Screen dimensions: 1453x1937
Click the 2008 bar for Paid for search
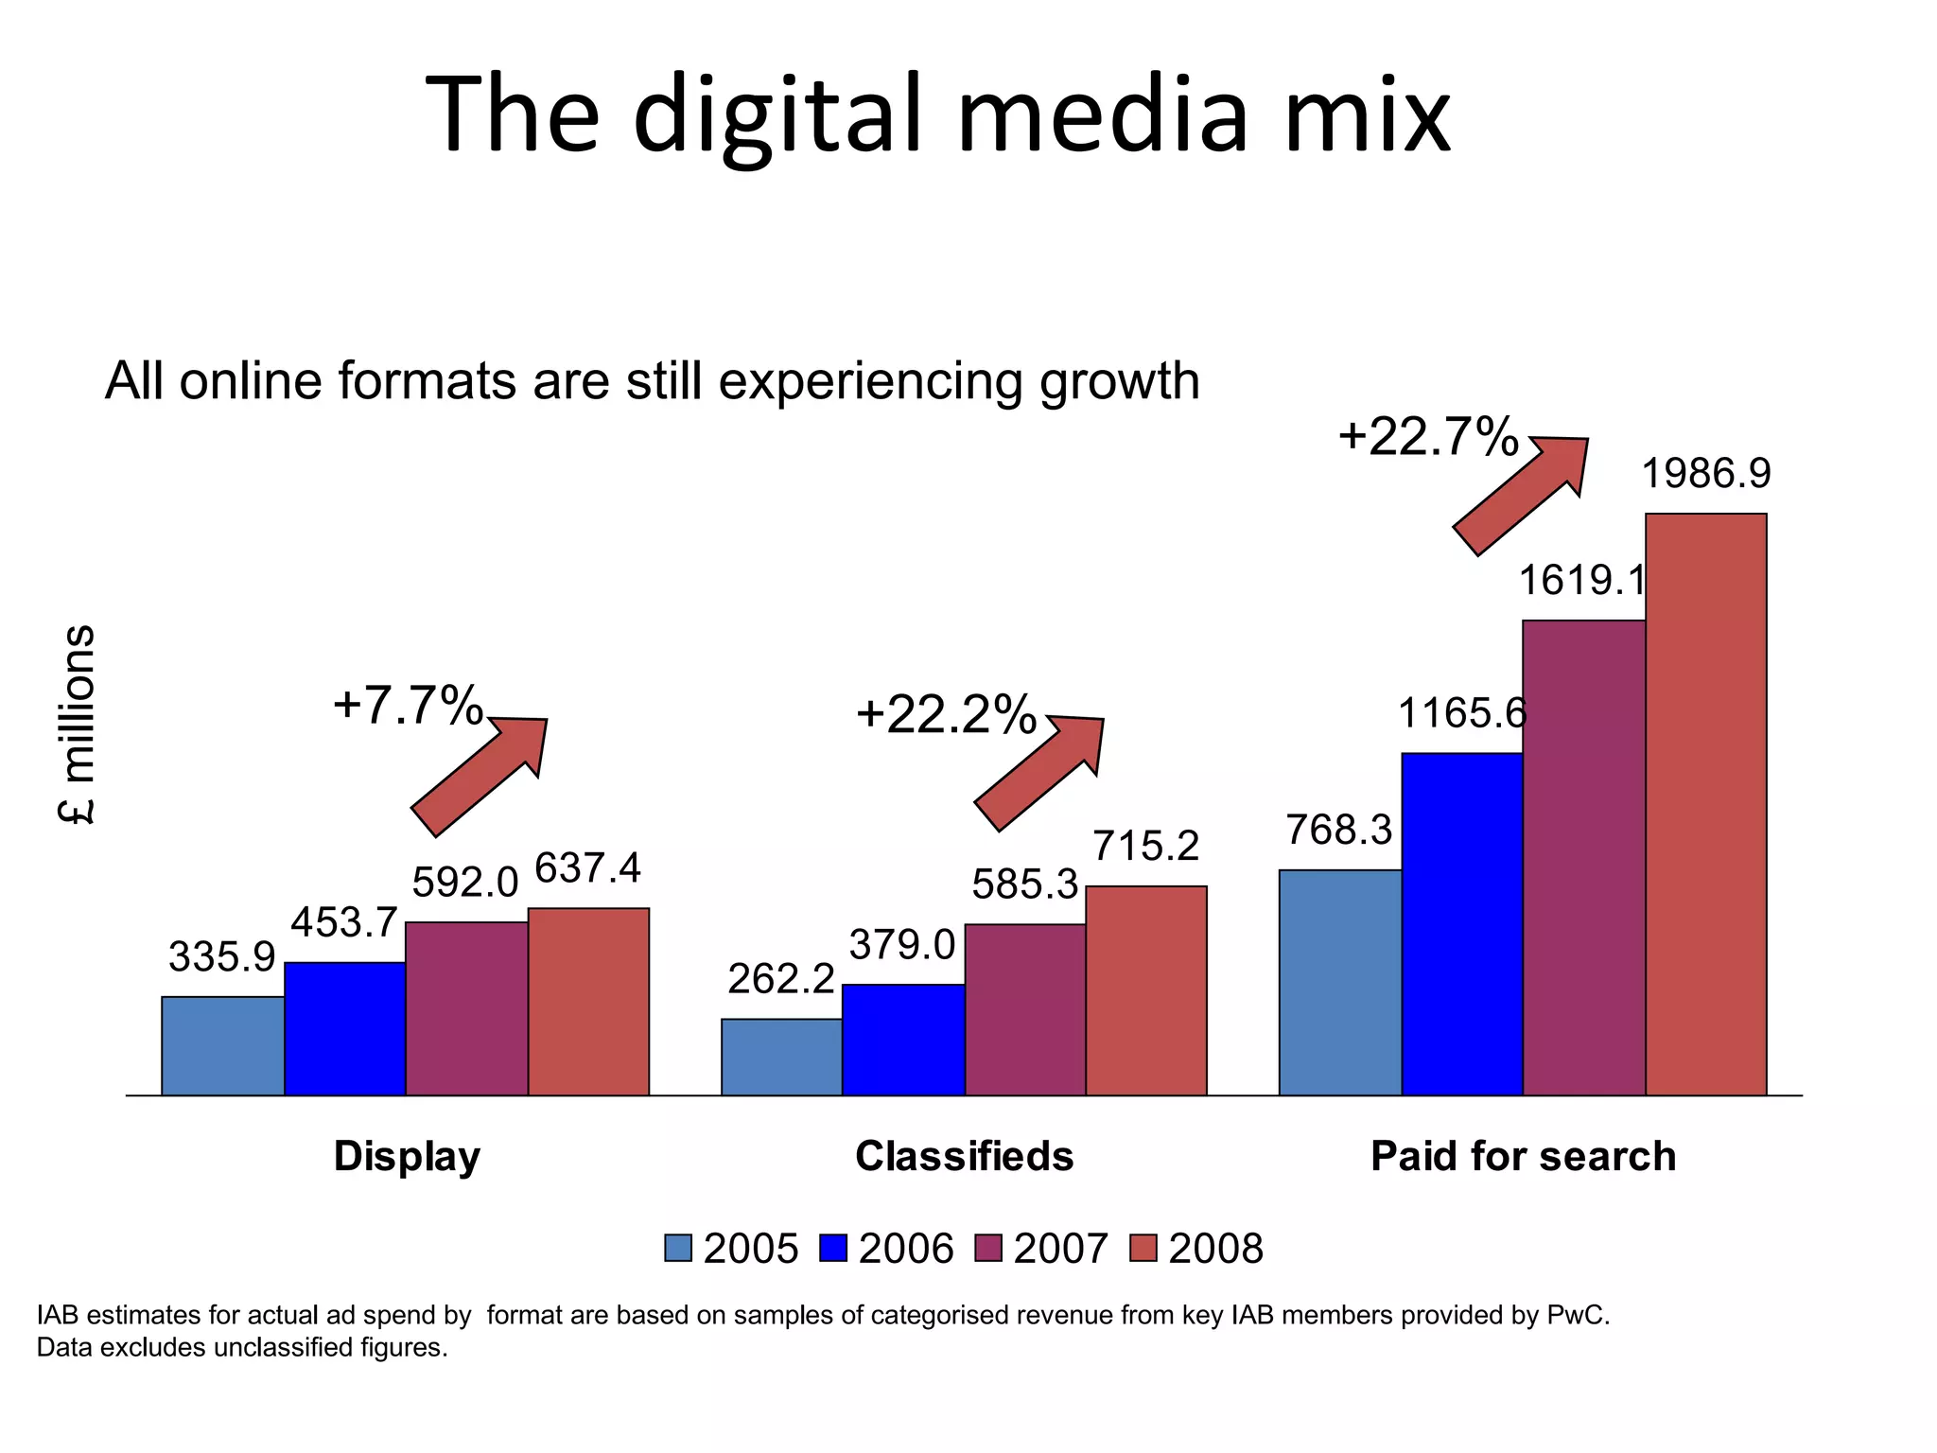click(1705, 804)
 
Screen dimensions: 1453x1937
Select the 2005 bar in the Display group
click(222, 1045)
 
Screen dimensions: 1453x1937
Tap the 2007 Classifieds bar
click(1025, 1009)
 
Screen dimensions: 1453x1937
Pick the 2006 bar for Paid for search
click(1462, 924)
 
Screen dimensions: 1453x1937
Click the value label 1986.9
click(1705, 473)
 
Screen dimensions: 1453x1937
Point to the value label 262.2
click(780, 978)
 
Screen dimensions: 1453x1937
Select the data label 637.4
click(587, 868)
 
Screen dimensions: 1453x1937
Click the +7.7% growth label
click(408, 706)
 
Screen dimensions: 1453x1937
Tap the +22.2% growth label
click(946, 714)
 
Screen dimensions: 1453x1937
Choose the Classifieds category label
click(964, 1156)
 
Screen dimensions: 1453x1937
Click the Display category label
click(407, 1156)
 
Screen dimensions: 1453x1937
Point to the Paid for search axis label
click(1523, 1156)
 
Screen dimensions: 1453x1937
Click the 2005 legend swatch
click(678, 1249)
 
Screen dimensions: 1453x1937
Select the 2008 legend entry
click(1197, 1249)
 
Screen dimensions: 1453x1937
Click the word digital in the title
click(776, 115)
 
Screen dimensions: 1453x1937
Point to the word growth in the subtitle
click(1119, 381)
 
